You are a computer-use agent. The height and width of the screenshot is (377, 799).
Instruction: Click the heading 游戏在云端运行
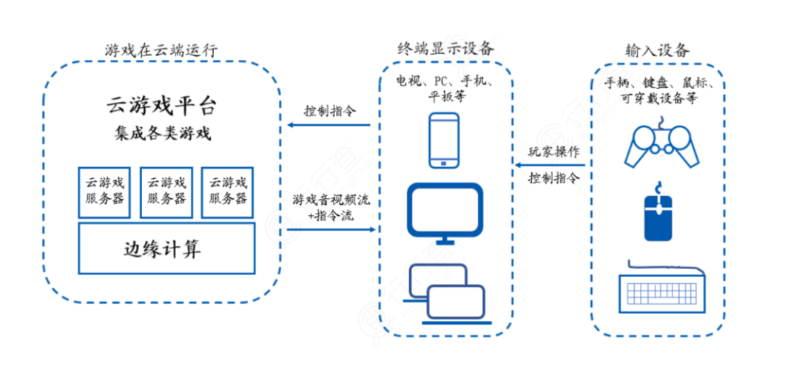161,50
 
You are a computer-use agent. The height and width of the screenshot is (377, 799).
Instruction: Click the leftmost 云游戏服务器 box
104,191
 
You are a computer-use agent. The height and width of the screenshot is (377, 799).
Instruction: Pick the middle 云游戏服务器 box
166,191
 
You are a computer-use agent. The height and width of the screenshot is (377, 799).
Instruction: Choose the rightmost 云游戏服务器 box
227,191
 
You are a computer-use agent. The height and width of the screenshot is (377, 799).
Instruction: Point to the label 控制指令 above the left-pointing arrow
329,111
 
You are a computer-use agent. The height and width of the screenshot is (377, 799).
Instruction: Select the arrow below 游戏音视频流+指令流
329,230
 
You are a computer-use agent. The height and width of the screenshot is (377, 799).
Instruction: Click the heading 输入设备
658,50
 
